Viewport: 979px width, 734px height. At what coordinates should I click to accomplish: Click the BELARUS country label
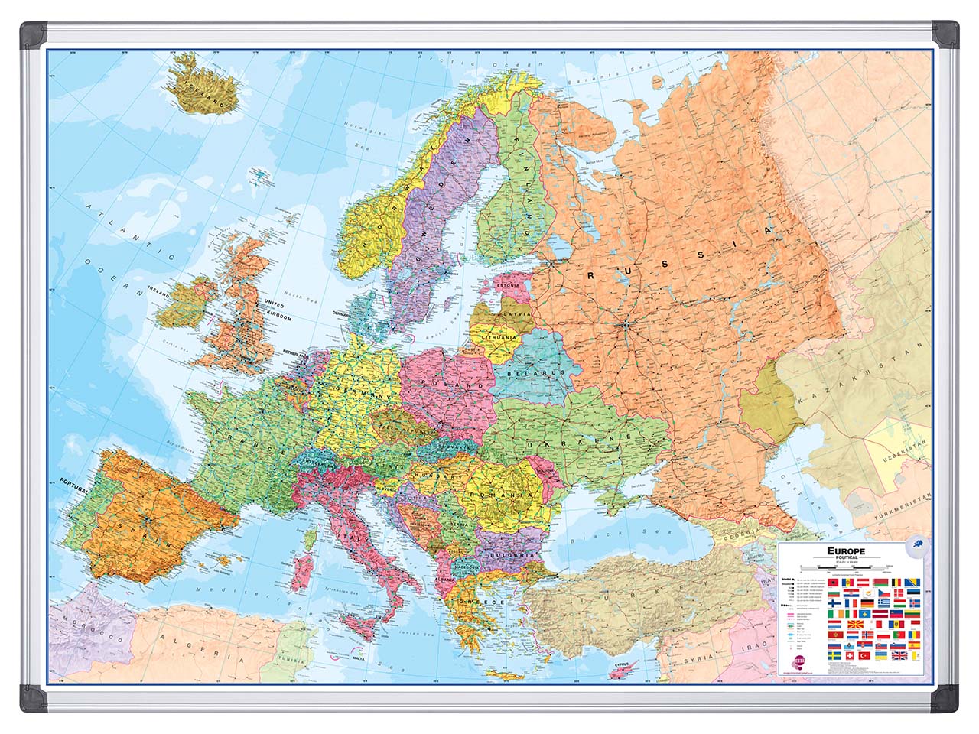(x=544, y=372)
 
